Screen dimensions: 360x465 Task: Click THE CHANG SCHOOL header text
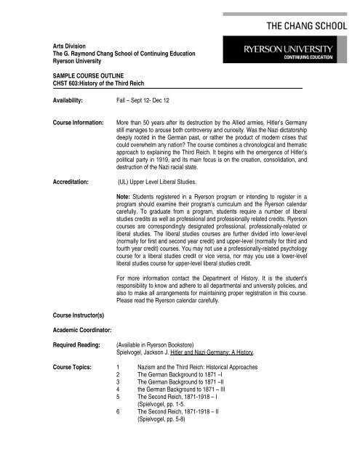(x=296, y=25)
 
